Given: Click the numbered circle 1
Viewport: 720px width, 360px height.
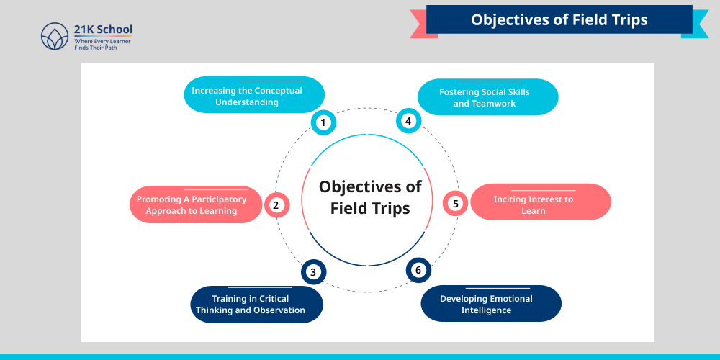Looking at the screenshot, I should point(323,122).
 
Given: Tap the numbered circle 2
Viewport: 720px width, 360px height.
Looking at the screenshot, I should point(276,205).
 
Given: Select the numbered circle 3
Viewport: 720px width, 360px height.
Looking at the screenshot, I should point(313,272).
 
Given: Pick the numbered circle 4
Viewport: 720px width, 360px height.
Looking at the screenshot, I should point(408,121).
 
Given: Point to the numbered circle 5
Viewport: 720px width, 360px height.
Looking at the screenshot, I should point(455,204).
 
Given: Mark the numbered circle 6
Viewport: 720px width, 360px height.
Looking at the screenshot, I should point(418,271).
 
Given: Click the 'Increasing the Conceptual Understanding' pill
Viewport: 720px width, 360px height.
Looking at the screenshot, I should point(254,96).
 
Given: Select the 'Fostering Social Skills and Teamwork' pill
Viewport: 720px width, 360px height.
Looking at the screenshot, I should point(488,97).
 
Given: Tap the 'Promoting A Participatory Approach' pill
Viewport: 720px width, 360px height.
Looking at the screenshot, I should point(195,205).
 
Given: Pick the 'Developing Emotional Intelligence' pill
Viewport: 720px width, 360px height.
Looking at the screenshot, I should point(490,304).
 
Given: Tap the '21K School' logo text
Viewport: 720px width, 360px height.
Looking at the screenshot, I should point(103,30).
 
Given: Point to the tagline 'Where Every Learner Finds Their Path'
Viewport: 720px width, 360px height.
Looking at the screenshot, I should point(102,45).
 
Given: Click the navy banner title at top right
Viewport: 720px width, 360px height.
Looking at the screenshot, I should point(559,19).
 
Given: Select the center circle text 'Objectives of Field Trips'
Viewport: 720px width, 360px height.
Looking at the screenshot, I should point(370,197).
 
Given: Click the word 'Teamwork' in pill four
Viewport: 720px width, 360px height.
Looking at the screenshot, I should point(494,104).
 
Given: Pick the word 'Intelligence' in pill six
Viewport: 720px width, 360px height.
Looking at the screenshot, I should point(486,310).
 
